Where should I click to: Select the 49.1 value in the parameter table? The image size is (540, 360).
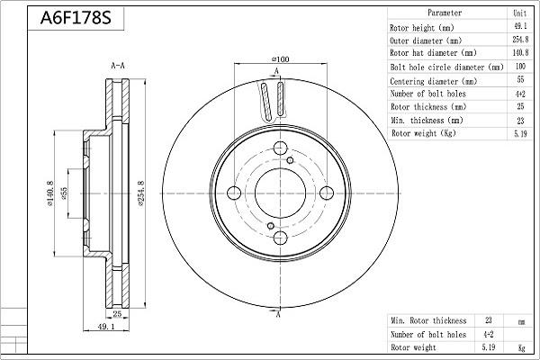point(519,27)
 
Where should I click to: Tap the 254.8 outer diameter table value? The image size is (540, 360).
point(519,40)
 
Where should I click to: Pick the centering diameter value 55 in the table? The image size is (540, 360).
point(519,79)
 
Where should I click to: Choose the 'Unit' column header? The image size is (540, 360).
point(519,13)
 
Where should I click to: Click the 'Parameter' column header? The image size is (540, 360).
point(445,13)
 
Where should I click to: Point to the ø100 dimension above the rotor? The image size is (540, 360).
point(279,58)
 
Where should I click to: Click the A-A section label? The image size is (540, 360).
point(117,66)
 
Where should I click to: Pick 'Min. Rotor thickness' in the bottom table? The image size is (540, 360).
point(428,320)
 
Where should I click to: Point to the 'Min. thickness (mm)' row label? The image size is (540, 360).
point(427,120)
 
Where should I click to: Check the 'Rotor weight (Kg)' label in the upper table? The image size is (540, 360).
point(424,132)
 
